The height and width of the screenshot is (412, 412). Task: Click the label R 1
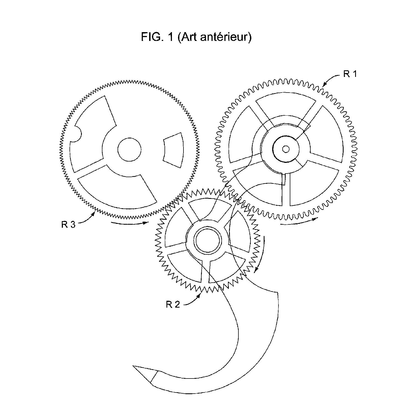(350, 74)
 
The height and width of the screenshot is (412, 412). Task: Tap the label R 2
(173, 304)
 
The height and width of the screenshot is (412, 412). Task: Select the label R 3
(68, 224)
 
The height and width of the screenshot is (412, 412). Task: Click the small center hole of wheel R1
(286, 149)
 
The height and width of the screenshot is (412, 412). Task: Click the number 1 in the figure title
(170, 37)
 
